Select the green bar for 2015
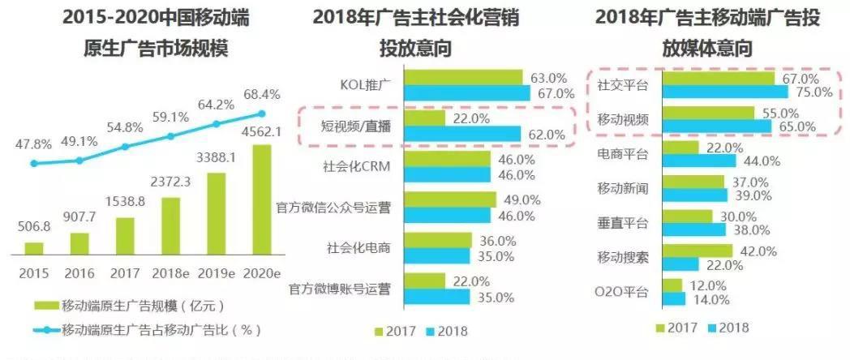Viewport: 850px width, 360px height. [34, 248]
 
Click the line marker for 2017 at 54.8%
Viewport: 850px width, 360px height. [125, 147]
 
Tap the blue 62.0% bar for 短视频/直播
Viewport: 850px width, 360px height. [462, 134]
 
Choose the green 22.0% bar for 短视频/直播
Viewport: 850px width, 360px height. [424, 118]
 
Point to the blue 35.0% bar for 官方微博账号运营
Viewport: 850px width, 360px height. [437, 297]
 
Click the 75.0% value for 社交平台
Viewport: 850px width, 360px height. [814, 92]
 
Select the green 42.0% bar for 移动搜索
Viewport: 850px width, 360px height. [697, 251]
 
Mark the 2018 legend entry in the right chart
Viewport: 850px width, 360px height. [727, 328]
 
